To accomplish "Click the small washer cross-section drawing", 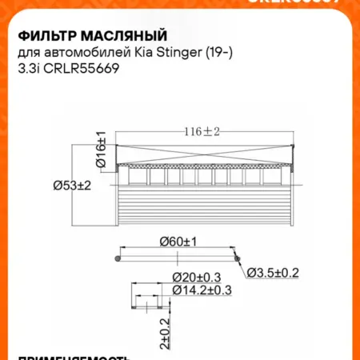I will click(150, 303).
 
